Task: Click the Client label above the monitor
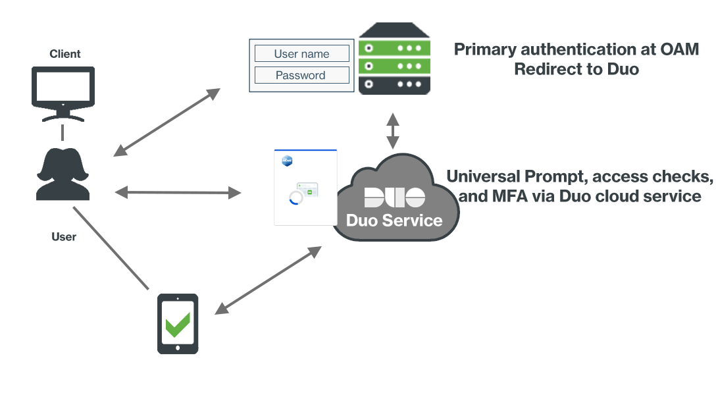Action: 65,54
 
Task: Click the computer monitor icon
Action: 63,92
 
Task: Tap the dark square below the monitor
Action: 63,174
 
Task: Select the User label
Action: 64,236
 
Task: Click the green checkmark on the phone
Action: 178,325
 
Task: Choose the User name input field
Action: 302,54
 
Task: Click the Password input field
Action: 302,75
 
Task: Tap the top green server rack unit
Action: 394,47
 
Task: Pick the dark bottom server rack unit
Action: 394,84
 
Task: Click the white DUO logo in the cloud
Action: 394,197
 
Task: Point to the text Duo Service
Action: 394,220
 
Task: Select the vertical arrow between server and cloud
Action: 393,130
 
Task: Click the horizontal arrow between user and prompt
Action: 178,192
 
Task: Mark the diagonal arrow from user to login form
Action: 166,122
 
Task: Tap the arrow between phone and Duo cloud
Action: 268,280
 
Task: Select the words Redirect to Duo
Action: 576,69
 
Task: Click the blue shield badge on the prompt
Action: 287,161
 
